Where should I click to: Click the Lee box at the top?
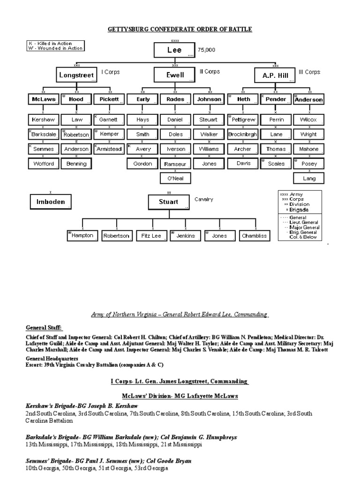[174, 50]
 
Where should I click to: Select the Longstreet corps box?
[76, 75]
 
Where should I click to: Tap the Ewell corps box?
[174, 75]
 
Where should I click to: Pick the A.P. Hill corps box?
[274, 75]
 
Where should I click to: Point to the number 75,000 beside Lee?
[207, 49]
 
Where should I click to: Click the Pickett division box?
[109, 99]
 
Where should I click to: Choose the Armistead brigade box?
[109, 149]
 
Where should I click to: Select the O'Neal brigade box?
[175, 179]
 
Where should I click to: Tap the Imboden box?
[51, 202]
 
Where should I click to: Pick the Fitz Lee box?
[151, 236]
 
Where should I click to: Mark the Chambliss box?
[255, 236]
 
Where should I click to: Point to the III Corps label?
[309, 72]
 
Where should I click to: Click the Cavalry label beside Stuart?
[204, 199]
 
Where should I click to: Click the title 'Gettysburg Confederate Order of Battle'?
[180, 30]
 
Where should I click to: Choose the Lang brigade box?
[309, 179]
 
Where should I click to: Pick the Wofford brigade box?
[44, 164]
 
